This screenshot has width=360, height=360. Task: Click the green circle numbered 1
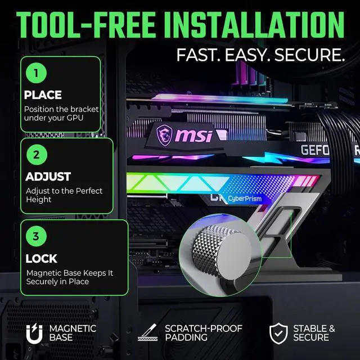36,73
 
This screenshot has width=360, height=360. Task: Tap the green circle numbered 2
37,155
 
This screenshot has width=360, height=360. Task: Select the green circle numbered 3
36,236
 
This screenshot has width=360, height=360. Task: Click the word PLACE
43,95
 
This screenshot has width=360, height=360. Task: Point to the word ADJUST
48,177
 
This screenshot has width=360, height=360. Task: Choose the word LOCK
41,259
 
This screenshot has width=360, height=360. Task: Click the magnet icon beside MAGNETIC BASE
34,334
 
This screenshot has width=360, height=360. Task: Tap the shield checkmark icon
278,334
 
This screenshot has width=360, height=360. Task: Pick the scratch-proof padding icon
147,332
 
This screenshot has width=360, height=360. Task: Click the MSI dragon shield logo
164,135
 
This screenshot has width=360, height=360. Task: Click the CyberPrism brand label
245,199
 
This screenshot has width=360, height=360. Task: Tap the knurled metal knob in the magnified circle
221,251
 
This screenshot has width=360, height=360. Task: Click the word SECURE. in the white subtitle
309,55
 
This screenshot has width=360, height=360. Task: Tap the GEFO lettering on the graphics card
315,150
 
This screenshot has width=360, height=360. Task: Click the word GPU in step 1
75,118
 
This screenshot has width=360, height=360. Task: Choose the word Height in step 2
39,200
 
